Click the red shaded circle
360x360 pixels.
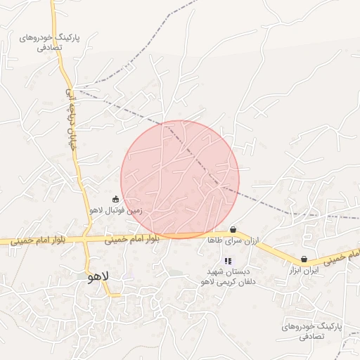180,179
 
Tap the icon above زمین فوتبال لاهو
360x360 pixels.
116,199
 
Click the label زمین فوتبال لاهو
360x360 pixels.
116,210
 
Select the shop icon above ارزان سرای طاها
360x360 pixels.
233,229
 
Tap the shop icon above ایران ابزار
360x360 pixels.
304,259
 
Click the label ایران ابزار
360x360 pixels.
304,269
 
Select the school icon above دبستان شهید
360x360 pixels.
227,261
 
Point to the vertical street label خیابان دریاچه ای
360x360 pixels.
70,113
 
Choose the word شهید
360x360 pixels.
214,271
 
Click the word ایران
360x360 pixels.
312,269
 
